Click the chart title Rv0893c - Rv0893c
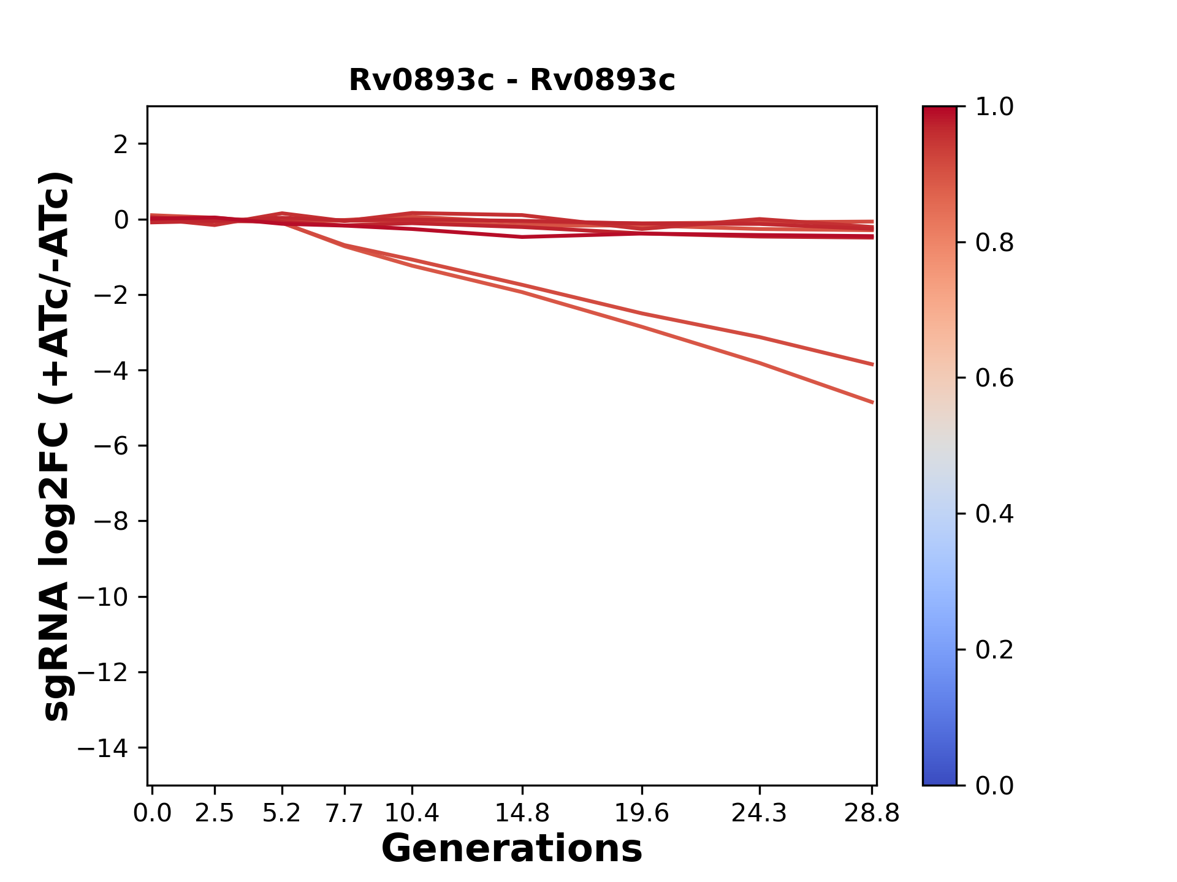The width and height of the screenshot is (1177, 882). coord(512,80)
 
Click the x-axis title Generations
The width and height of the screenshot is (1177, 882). coord(512,849)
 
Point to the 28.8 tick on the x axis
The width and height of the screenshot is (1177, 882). coord(872,813)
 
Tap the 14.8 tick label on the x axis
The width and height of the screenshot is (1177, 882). coord(522,813)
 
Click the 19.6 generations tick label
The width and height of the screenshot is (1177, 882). coord(642,813)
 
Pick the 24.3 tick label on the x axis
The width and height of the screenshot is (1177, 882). coord(760,813)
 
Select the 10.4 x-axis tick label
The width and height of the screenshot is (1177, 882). coord(412,813)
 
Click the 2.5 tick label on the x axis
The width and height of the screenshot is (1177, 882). coord(215,813)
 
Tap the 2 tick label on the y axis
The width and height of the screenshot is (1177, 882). coord(121,145)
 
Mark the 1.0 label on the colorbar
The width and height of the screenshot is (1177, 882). coord(994,107)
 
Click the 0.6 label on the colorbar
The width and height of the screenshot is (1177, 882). coord(994,378)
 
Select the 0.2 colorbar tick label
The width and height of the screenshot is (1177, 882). coord(994,649)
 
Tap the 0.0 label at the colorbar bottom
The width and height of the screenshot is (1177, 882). coord(994,785)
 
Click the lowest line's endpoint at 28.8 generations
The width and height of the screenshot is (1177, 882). coord(872,402)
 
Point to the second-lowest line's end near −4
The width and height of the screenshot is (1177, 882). coord(872,364)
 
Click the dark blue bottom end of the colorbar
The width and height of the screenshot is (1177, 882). coord(939,779)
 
